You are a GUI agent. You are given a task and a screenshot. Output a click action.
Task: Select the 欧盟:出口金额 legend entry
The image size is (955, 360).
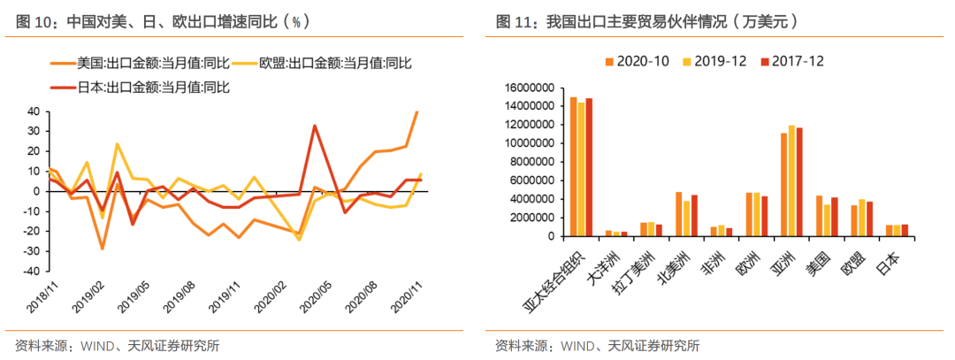pos(335,63)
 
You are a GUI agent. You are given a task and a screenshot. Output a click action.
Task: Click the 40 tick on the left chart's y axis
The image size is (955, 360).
pos(33,111)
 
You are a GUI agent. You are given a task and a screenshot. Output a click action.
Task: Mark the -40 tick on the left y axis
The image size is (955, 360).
pos(30,272)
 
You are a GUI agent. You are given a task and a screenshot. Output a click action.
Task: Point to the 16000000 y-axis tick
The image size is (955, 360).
pos(528,88)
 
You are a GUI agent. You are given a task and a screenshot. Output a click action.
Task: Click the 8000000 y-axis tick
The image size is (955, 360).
pos(531,162)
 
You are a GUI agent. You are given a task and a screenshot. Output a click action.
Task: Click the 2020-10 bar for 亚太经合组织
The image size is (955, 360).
pos(573,166)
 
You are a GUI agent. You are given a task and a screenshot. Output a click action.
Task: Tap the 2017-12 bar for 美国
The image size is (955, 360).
pos(834,217)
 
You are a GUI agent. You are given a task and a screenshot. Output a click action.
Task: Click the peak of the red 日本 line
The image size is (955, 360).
pos(315,126)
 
